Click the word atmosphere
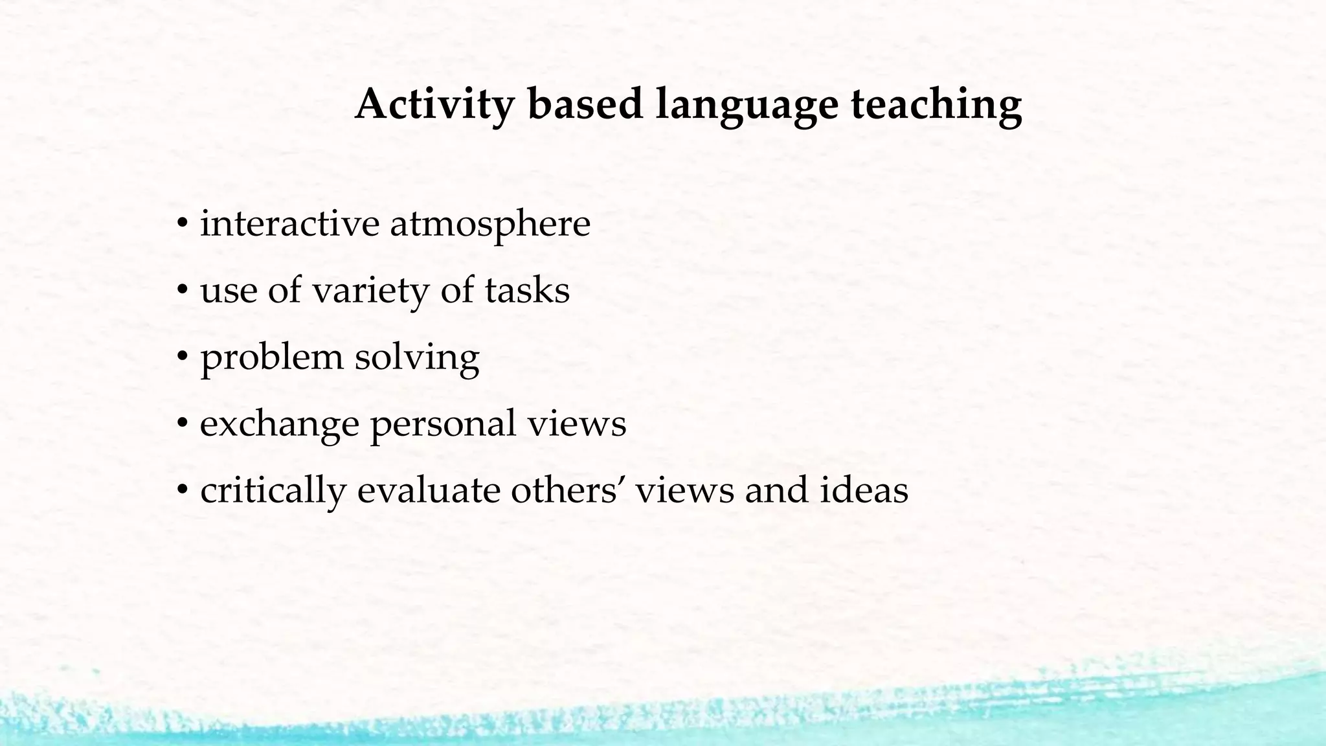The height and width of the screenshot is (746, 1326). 490,225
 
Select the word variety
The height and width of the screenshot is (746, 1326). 371,291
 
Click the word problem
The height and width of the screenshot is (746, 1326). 271,357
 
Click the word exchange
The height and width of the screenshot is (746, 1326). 279,424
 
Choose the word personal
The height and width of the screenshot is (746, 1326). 443,424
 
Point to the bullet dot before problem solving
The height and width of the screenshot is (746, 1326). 183,357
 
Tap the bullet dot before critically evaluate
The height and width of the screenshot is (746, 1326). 183,490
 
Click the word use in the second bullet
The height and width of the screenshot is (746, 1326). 229,291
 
